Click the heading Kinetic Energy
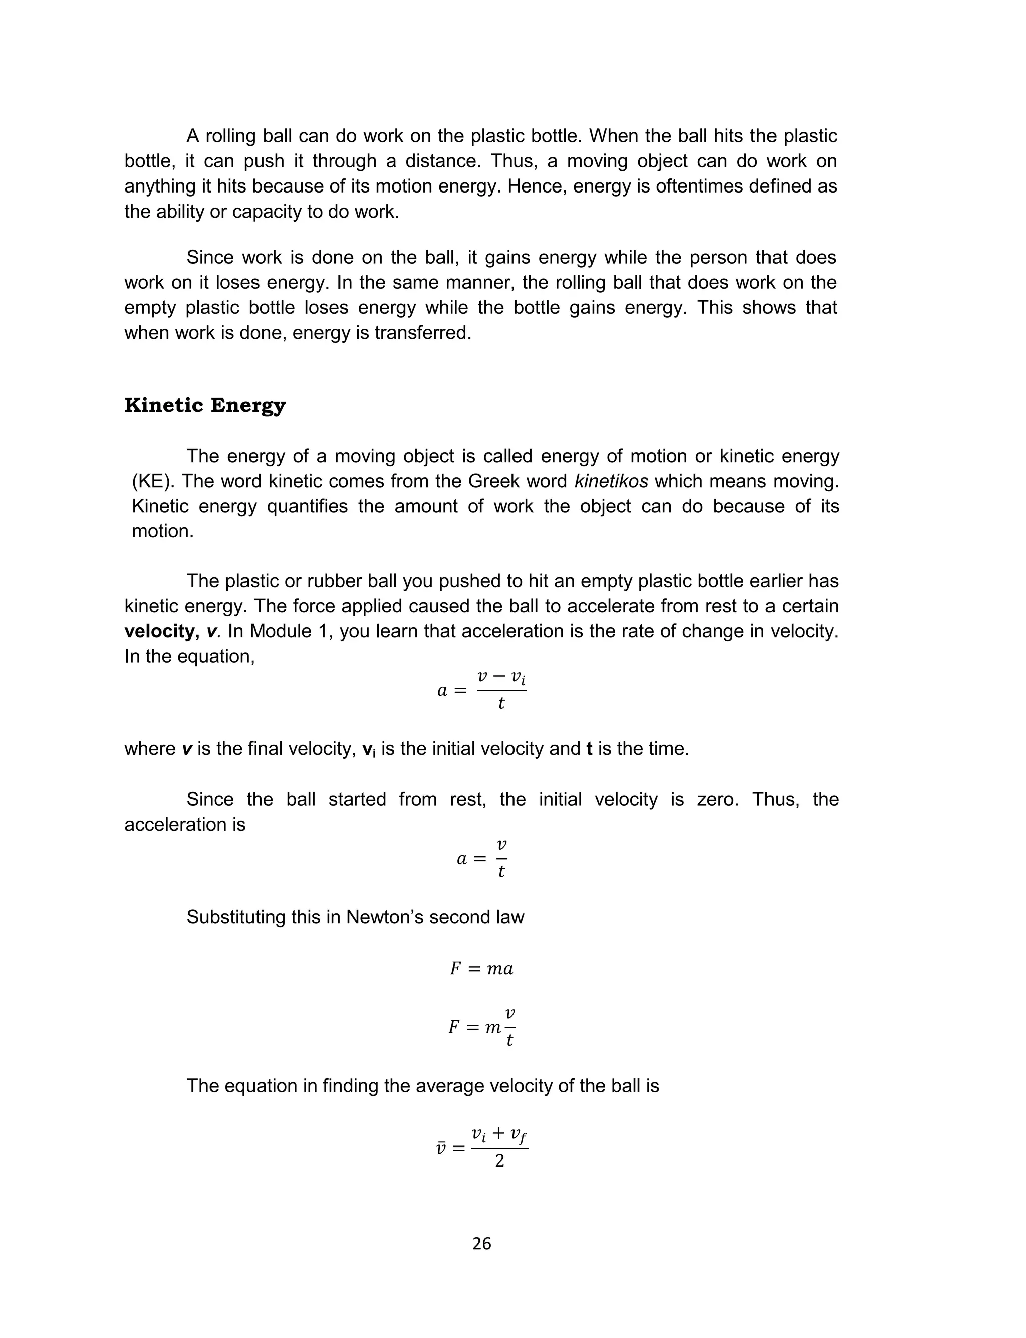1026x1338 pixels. click(x=205, y=406)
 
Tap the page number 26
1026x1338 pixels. click(x=482, y=1244)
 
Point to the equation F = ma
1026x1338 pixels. click(x=482, y=969)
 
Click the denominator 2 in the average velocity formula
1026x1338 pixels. click(x=499, y=1161)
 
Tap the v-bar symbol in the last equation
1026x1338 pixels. click(x=441, y=1149)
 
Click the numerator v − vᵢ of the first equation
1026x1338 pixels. click(x=501, y=677)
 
